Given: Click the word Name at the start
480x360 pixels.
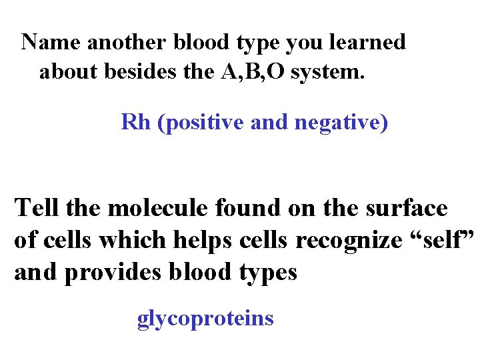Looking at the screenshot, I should pos(51,43).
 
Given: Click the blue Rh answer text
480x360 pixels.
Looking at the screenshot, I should pos(136,123).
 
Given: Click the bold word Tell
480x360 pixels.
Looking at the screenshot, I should pos(37,208).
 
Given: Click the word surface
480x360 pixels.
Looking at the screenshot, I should pos(407,208).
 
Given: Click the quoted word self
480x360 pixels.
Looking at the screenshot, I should pos(445,241).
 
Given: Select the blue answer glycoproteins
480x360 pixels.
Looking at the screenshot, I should pos(205,319).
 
